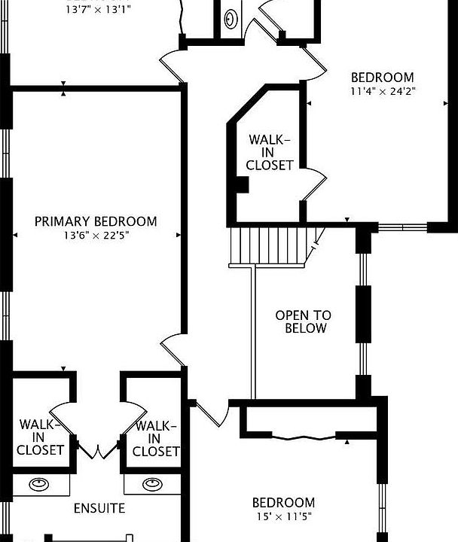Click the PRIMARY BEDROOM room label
96,221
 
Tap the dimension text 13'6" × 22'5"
96,235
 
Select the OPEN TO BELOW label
303,322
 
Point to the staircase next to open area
270,245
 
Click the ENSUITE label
99,508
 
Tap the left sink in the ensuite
38,484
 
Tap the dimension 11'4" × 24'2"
383,91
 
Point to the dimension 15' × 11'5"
283,517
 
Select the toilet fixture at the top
231,19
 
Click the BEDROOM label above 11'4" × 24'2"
383,77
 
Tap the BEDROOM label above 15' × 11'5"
283,503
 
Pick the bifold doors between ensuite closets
96,450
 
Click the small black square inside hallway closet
243,183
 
